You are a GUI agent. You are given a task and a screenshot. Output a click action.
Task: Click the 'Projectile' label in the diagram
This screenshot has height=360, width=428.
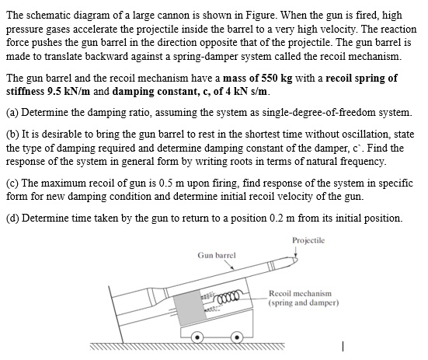pos(311,239)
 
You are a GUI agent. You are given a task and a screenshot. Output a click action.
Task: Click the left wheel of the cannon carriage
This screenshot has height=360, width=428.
pos(198,337)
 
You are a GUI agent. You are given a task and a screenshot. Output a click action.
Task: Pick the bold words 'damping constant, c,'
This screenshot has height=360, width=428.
pos(156,90)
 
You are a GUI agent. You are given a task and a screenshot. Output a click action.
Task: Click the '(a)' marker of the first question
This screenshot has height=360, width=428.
pos(12,111)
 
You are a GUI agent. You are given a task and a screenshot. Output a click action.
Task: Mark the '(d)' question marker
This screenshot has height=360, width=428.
pos(12,216)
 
